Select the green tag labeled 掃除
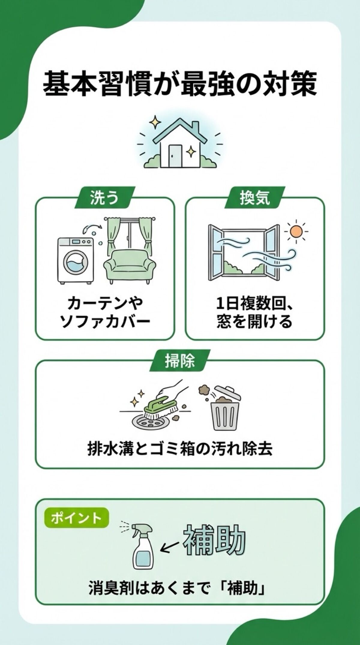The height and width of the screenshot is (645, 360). [x=179, y=362]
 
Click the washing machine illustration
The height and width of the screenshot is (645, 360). [x=75, y=260]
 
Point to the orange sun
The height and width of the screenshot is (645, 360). [x=296, y=231]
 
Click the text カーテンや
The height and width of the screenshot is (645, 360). [x=105, y=303]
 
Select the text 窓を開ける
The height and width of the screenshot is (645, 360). [x=254, y=322]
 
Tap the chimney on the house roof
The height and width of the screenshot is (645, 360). [x=195, y=126]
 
